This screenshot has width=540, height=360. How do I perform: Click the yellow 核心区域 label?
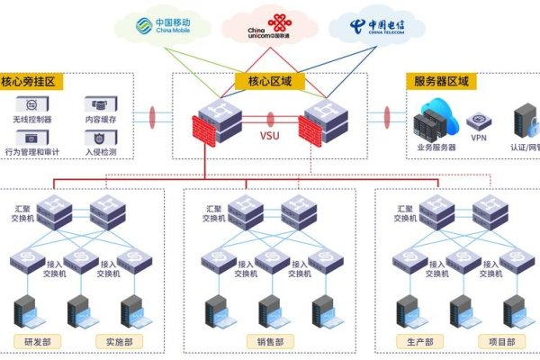click(x=269, y=82)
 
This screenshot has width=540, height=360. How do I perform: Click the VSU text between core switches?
click(x=269, y=136)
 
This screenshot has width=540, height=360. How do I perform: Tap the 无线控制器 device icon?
click(x=31, y=104)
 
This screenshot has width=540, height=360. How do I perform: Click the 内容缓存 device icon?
click(x=96, y=104)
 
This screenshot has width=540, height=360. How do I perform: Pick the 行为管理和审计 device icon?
click(x=31, y=138)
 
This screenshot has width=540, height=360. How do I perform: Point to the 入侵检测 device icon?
click(x=96, y=138)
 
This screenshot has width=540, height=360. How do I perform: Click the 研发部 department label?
click(x=36, y=342)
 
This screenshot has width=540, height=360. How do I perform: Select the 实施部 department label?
click(x=118, y=342)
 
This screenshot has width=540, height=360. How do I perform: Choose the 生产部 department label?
click(x=420, y=342)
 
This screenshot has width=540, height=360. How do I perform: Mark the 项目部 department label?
click(x=500, y=342)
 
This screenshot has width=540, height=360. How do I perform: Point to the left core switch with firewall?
click(x=220, y=121)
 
